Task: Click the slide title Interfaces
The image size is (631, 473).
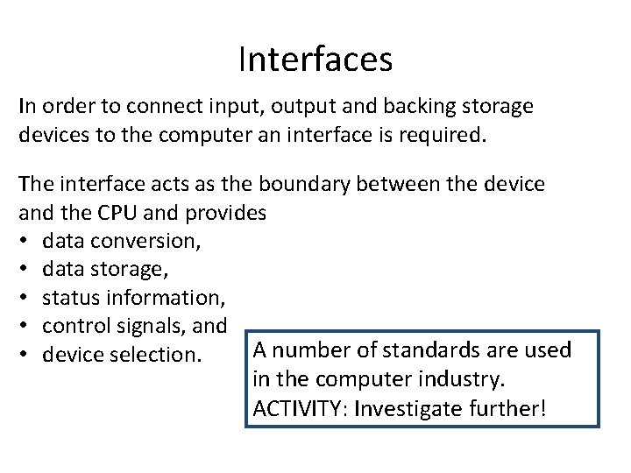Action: pyautogui.click(x=315, y=60)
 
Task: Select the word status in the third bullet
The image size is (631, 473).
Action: pyautogui.click(x=70, y=298)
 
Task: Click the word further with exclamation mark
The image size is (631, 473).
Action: pyautogui.click(x=512, y=407)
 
